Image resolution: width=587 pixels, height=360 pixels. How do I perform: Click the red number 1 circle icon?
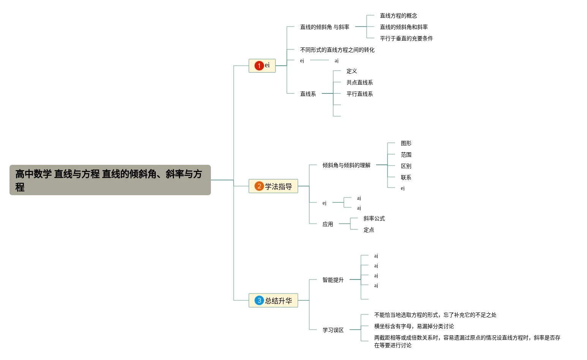tap(259, 66)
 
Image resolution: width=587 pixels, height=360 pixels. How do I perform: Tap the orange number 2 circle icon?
tap(259, 186)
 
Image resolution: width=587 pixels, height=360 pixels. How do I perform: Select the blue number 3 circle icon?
tap(259, 300)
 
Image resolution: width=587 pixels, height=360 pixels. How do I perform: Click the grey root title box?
tap(110, 180)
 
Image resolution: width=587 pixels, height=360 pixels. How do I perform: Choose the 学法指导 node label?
tap(278, 186)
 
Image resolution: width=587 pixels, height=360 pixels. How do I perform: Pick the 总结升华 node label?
tap(278, 301)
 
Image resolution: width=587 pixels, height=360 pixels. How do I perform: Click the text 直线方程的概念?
tap(399, 16)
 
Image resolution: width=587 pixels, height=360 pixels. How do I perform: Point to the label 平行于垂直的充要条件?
tap(406, 38)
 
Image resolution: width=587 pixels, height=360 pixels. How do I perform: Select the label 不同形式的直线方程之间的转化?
tap(337, 50)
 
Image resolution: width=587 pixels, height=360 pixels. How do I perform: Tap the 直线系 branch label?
tap(308, 94)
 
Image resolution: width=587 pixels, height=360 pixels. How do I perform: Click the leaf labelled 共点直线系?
tap(359, 82)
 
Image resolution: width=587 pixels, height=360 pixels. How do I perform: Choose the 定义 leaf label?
tap(351, 71)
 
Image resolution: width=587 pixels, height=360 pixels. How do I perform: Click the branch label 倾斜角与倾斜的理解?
tap(346, 165)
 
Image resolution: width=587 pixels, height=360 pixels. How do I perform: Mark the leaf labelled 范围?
tap(406, 155)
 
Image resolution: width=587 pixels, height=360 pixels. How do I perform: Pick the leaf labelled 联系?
tap(406, 177)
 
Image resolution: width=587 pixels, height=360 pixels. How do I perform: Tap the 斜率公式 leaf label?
tap(374, 218)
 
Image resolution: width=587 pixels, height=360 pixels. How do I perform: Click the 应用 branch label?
tap(328, 224)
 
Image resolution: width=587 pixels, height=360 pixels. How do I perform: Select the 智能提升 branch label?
tap(333, 280)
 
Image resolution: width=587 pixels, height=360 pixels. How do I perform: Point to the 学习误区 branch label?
tap(333, 330)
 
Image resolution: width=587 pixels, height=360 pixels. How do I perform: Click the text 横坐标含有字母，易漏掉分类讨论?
tap(414, 326)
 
